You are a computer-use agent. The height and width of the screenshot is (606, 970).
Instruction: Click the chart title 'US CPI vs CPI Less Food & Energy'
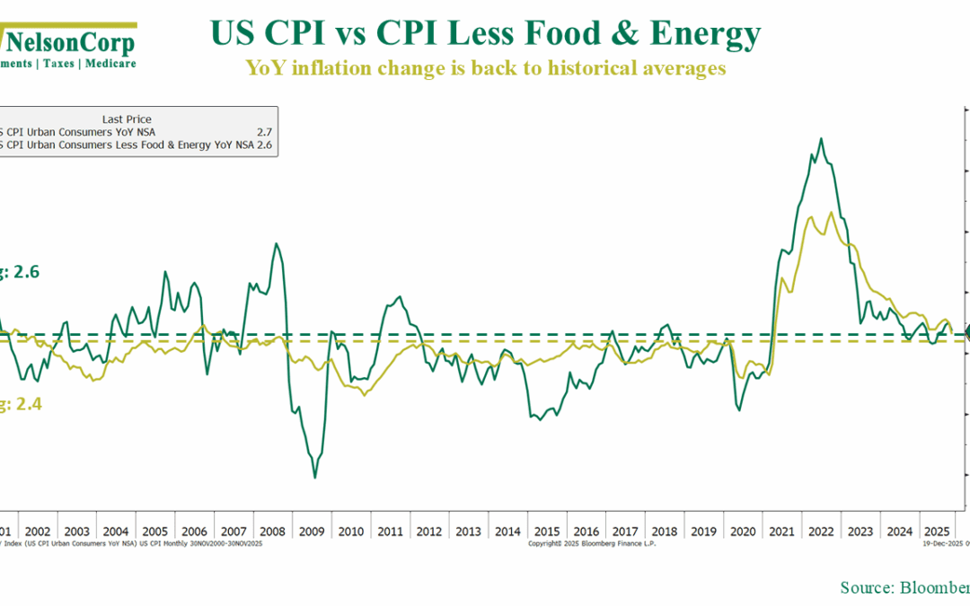click(x=485, y=34)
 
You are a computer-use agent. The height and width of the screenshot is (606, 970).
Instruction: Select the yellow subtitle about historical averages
click(x=485, y=68)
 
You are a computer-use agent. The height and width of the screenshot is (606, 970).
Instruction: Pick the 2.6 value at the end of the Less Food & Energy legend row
click(x=264, y=144)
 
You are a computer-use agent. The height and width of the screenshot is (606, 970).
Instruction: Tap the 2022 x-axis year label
click(x=822, y=531)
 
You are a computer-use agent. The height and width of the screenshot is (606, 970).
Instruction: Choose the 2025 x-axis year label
click(x=938, y=531)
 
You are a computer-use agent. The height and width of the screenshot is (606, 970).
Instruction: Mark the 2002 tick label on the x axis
click(x=39, y=531)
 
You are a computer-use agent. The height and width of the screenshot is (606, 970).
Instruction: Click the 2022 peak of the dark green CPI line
click(x=820, y=138)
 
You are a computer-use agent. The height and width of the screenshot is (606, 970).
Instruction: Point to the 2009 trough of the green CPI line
click(x=314, y=478)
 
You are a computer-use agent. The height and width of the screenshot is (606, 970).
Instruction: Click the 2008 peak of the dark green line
click(x=276, y=243)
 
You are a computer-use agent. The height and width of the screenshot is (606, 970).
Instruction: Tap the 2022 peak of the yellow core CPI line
click(x=830, y=213)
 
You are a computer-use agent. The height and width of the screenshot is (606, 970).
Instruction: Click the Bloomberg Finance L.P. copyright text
click(x=592, y=543)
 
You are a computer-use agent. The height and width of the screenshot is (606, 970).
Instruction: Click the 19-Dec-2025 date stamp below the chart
click(x=939, y=543)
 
